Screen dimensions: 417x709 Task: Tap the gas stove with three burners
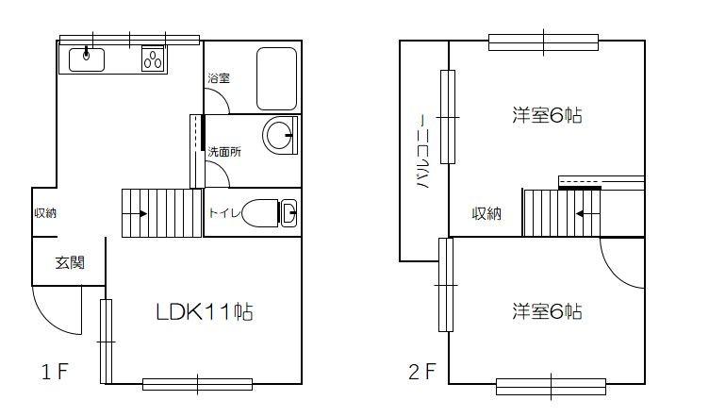(154, 59)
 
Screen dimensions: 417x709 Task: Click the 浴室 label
(219, 81)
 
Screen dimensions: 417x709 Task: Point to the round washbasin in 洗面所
(279, 137)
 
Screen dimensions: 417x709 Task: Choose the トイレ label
(223, 213)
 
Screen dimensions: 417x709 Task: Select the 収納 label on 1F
(44, 213)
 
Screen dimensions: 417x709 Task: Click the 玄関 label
(69, 262)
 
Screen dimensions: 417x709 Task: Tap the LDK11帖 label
(204, 312)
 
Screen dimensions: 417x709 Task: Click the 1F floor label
(54, 372)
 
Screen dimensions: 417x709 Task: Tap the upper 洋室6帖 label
(547, 116)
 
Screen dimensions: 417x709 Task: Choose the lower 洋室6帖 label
(547, 310)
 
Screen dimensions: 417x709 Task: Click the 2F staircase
(562, 212)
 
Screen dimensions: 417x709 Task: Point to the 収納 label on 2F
(486, 214)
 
